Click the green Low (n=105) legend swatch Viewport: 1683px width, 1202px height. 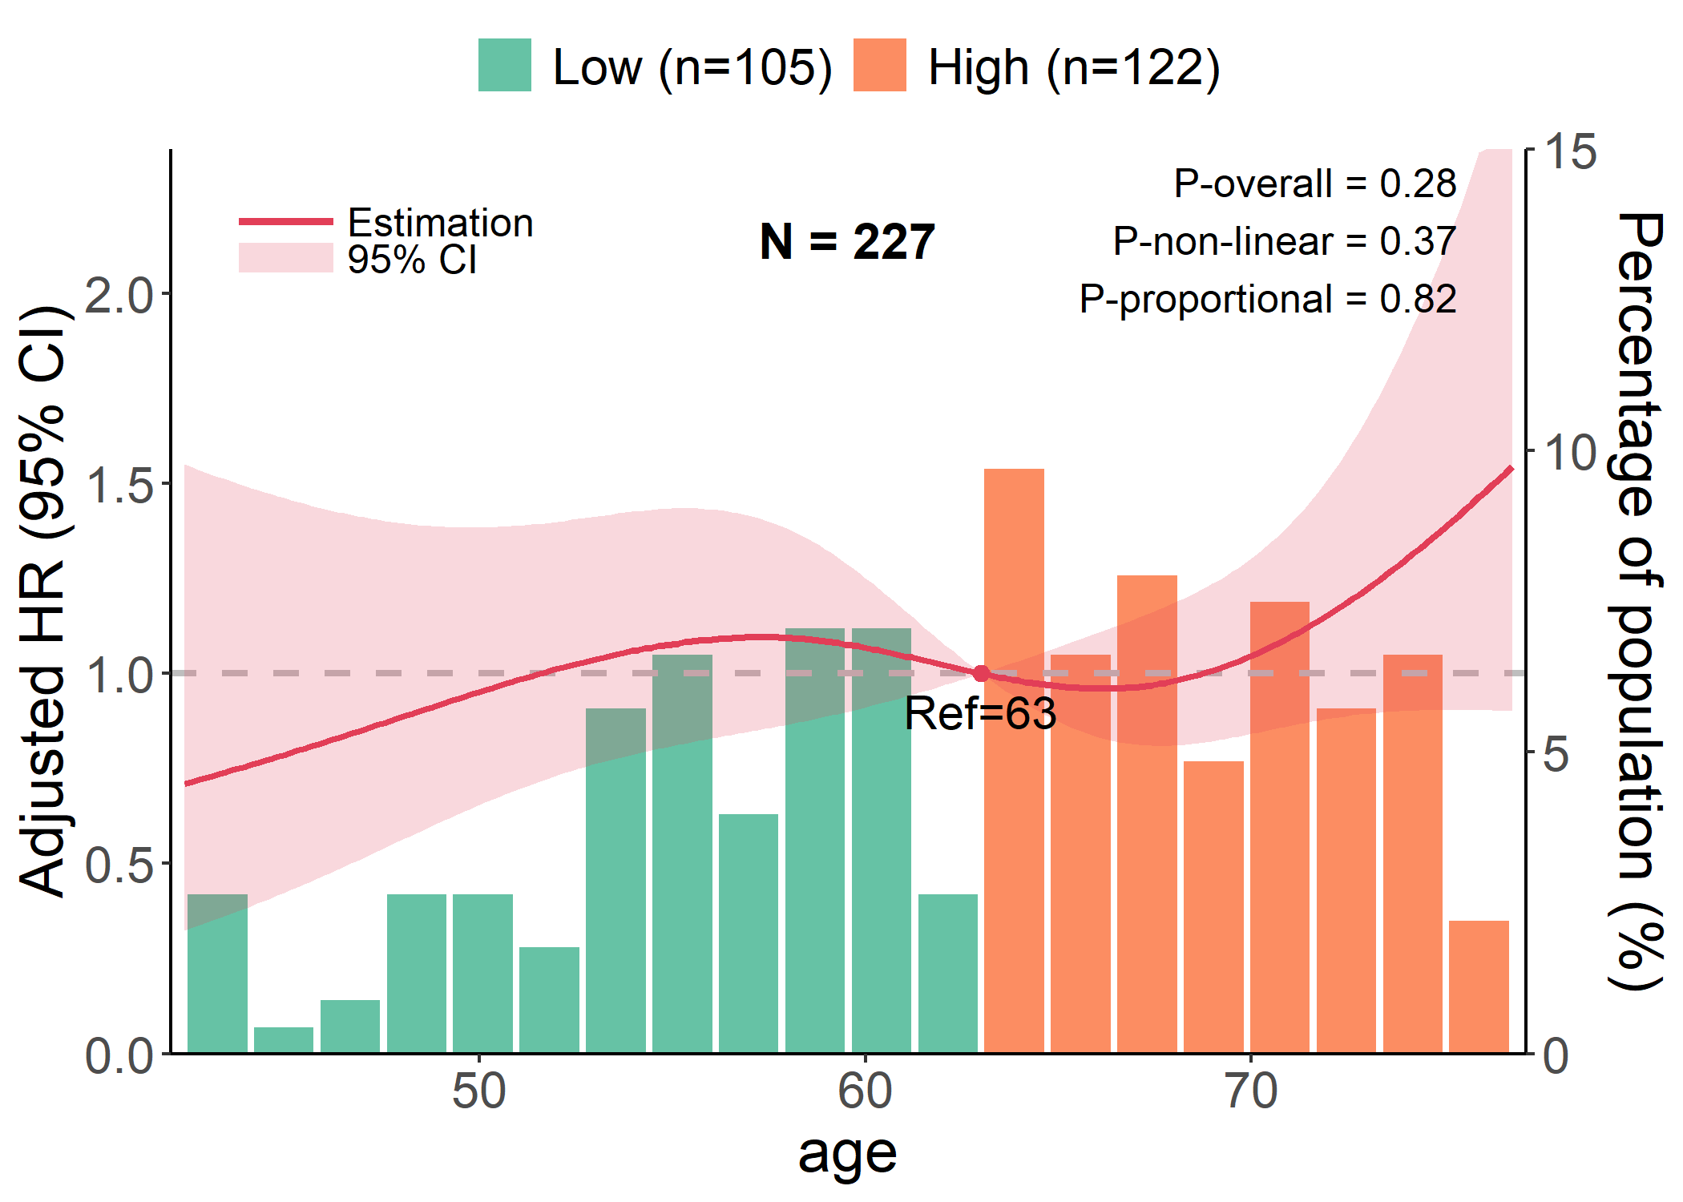[x=504, y=65]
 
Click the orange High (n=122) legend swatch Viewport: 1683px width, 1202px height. [x=879, y=65]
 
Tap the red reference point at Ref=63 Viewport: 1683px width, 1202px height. [x=981, y=673]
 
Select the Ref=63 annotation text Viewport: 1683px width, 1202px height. [x=980, y=713]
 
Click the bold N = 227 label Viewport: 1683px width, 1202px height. [x=847, y=241]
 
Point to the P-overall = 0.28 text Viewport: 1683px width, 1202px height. [x=1314, y=184]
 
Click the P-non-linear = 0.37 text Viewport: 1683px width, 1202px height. [x=1284, y=241]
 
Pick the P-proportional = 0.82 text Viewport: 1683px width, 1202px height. [x=1267, y=299]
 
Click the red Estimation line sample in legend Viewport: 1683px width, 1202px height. [x=285, y=221]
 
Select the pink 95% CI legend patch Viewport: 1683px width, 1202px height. [x=285, y=258]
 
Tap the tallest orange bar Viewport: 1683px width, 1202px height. [x=1014, y=761]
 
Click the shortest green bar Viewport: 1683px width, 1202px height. [x=284, y=1039]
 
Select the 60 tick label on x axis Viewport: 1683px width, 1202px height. [x=865, y=1091]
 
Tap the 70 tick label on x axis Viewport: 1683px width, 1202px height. [x=1251, y=1091]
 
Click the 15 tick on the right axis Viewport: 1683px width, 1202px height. [x=1570, y=151]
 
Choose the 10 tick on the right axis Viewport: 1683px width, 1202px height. [x=1570, y=453]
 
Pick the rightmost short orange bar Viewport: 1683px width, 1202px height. [x=1479, y=986]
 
